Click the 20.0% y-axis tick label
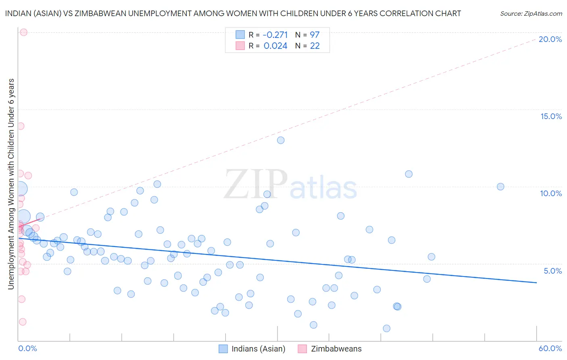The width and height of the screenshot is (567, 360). point(550,39)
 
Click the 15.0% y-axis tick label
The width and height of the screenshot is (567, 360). point(551,116)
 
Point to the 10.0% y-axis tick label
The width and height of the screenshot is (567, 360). point(551,193)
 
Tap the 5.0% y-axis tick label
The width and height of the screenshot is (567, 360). point(552,271)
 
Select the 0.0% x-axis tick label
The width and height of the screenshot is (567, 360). point(27,348)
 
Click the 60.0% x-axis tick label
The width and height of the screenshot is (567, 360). point(550,348)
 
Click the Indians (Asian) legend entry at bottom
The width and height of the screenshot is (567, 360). point(252,349)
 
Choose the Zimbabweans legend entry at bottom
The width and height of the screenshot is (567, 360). point(330,349)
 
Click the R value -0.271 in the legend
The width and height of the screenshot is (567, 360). point(275,35)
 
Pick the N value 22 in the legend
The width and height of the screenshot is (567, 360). point(315,46)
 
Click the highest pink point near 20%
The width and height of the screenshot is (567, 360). point(23,32)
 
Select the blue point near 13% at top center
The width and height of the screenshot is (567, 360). point(281,140)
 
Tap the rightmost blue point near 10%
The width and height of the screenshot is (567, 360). point(500,186)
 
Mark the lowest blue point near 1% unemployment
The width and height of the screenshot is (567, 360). point(386,329)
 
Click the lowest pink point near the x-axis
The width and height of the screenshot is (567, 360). point(23,322)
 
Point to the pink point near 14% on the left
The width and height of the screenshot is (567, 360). point(21,126)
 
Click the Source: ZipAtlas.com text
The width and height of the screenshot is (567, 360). point(531,13)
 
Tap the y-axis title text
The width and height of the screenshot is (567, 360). point(11,184)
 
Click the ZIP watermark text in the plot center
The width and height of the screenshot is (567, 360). point(255,184)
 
